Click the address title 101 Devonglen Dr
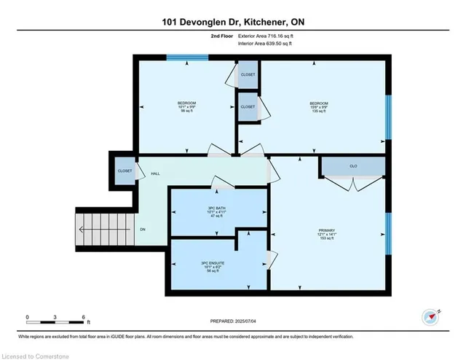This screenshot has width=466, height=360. (233, 22)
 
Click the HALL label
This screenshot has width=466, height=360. (155, 174)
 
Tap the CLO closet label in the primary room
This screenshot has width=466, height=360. (352, 165)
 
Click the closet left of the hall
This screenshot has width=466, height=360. (125, 171)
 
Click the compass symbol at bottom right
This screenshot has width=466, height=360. (430, 316)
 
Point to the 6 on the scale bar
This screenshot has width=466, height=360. (84, 317)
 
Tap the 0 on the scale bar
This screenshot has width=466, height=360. (28, 317)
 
